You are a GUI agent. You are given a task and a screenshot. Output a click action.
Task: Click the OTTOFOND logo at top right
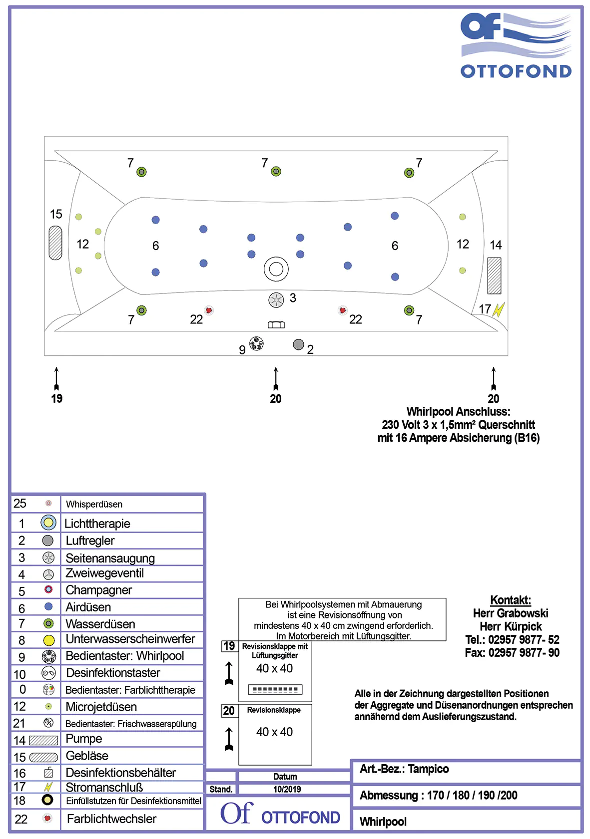click(516, 45)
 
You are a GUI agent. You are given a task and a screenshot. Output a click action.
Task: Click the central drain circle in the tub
click(276, 270)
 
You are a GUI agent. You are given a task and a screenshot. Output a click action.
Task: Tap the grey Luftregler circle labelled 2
click(298, 344)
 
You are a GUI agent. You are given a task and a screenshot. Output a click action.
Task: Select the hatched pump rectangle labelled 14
click(494, 276)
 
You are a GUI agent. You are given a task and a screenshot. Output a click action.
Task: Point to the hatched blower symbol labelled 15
click(55, 243)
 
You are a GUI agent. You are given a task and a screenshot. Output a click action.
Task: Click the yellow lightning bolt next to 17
click(499, 309)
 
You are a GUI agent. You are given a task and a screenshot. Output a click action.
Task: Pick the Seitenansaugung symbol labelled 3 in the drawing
click(276, 300)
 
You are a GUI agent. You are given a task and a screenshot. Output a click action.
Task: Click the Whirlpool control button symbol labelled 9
click(256, 343)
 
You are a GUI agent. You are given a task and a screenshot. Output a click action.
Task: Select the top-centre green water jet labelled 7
click(276, 172)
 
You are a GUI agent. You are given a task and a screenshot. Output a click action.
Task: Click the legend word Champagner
click(99, 590)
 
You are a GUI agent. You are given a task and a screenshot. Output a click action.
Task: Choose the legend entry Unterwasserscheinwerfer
click(130, 639)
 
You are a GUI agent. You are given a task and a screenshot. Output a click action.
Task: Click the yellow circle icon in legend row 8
click(48, 640)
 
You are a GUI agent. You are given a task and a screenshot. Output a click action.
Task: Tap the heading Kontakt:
click(510, 600)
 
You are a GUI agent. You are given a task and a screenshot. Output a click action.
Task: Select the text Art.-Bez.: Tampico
click(404, 769)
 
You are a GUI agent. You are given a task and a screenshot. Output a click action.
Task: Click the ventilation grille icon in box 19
click(275, 689)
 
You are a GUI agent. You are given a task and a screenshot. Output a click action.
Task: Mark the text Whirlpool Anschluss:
click(458, 412)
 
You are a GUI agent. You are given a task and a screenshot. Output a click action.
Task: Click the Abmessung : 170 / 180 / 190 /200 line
click(438, 795)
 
